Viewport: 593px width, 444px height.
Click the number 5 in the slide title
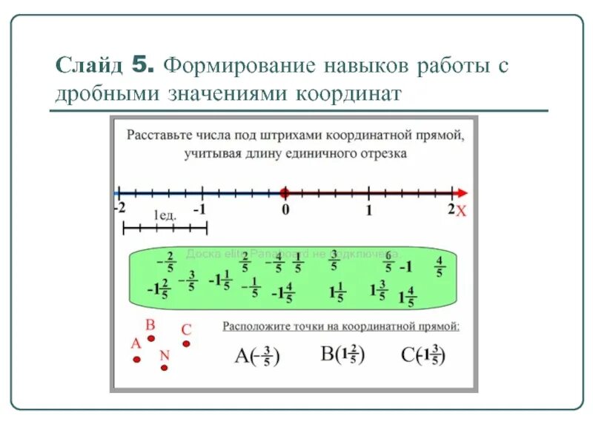point(144,65)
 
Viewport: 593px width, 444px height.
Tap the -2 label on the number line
point(119,208)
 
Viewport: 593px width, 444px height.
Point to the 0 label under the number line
point(285,209)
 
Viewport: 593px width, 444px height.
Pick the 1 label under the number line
point(368,209)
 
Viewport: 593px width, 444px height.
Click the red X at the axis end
point(460,212)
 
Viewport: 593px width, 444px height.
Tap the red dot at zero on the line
point(284,192)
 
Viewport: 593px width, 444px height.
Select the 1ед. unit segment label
point(165,215)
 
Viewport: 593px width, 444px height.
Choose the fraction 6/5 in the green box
point(388,263)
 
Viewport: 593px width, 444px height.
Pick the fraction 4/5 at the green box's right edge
point(440,266)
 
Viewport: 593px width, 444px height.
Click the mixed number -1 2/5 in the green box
point(158,288)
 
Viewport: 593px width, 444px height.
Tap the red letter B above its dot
point(150,324)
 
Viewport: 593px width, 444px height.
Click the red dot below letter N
point(164,367)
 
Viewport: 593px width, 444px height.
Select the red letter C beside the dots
point(187,330)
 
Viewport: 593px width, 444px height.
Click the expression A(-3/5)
point(256,356)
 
